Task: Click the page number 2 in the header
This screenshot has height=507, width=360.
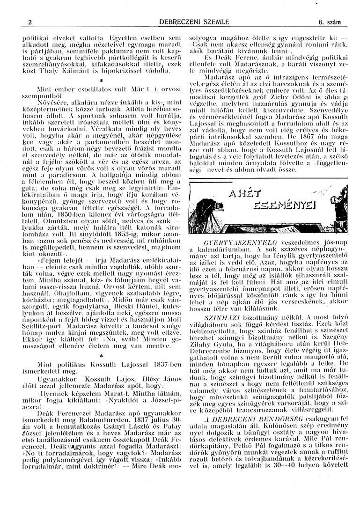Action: tap(29, 22)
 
